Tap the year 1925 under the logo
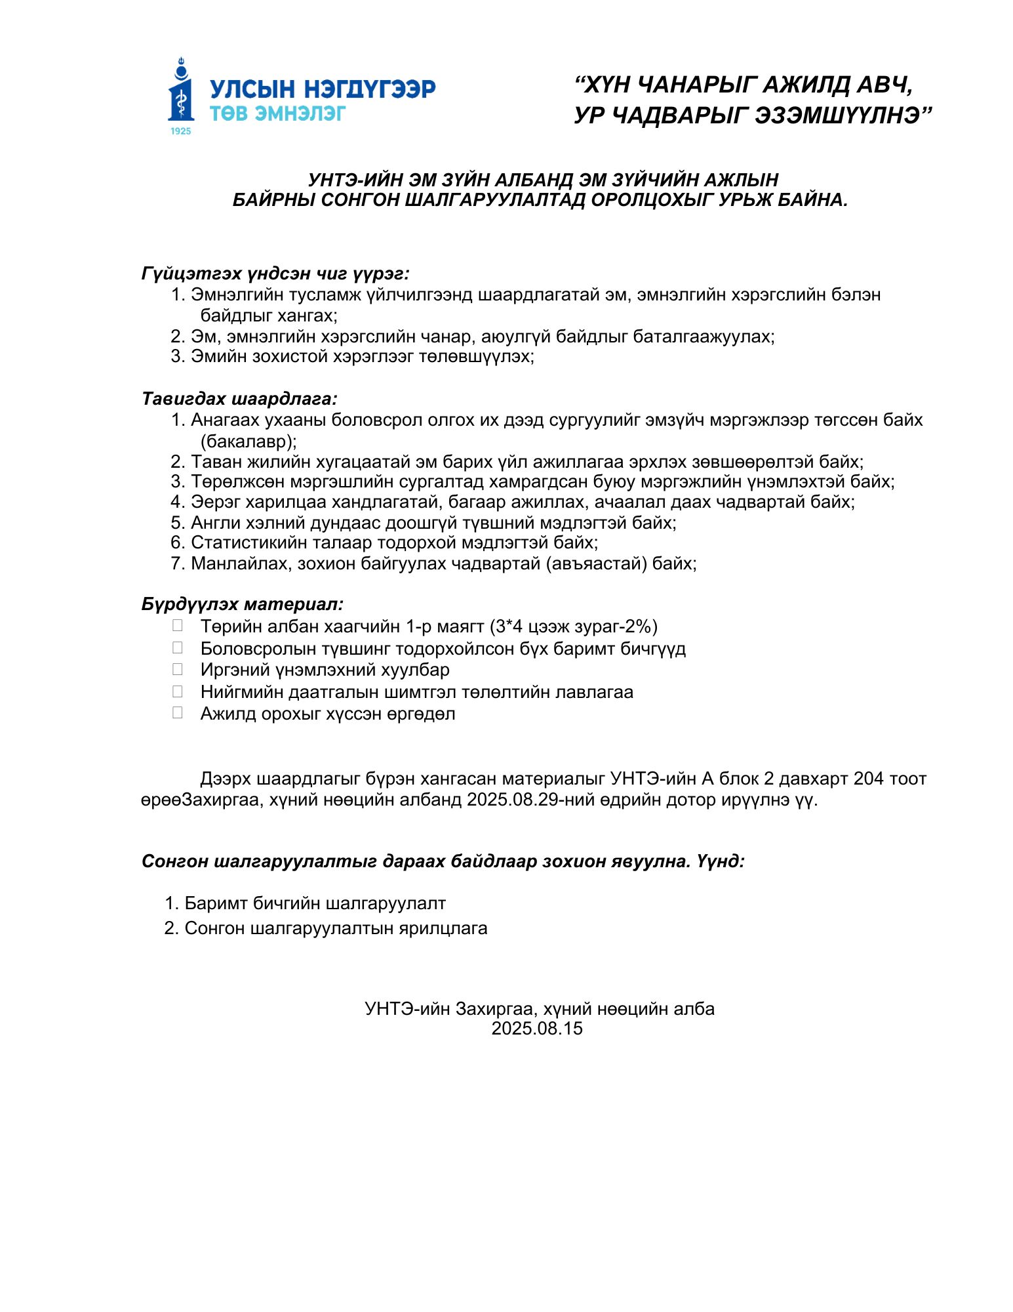click(x=181, y=131)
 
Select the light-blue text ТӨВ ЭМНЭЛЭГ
click(x=277, y=113)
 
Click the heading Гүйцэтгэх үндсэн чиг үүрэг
click(x=275, y=274)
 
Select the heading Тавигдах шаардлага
click(x=239, y=399)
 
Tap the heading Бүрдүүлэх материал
click(x=242, y=604)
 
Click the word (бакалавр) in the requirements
click(x=248, y=441)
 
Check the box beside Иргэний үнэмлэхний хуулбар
click(x=177, y=670)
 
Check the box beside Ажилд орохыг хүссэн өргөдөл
click(x=177, y=713)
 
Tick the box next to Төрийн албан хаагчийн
click(x=177, y=626)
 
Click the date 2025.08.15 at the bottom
click(x=537, y=1028)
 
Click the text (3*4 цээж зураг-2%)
click(x=574, y=626)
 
